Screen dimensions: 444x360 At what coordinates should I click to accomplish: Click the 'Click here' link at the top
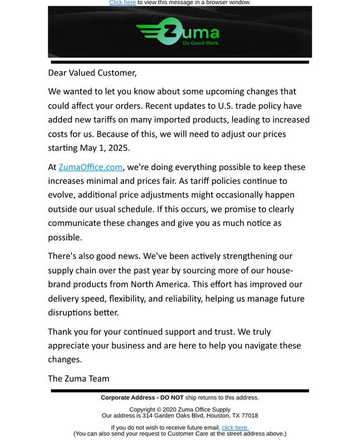pos(122,2)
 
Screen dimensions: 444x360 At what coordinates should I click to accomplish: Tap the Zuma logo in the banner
pos(178,32)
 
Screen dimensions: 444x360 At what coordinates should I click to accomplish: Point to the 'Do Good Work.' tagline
pos(200,43)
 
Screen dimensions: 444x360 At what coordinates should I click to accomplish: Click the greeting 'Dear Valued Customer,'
pos(92,73)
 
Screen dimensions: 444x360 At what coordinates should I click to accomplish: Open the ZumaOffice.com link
pos(91,167)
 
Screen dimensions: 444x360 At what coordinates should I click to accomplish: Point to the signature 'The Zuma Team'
pos(79,378)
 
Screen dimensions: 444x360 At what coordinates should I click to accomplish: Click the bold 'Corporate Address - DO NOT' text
pos(142,397)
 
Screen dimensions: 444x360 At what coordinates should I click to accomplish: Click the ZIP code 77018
pos(249,415)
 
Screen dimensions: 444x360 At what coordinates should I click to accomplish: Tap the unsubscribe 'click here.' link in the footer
pos(235,427)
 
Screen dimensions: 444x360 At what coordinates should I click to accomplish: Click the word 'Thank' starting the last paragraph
pos(61,332)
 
